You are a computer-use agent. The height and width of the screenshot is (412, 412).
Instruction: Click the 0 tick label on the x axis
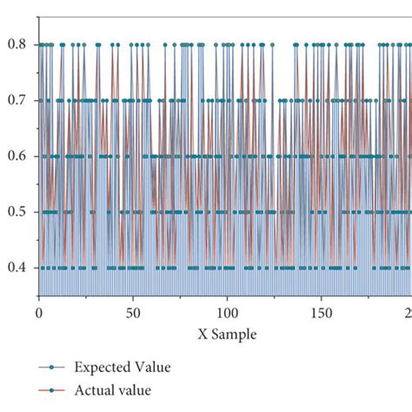coord(38,312)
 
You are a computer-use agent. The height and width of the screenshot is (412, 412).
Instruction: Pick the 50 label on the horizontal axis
coord(132,312)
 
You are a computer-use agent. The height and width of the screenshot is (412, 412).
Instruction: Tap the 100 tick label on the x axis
coord(227,312)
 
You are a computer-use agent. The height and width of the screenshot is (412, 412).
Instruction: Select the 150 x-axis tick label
coord(322,312)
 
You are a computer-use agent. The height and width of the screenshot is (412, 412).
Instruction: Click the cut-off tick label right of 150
coord(408,312)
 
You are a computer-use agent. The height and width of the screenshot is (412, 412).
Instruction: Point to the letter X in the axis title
coord(202,334)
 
